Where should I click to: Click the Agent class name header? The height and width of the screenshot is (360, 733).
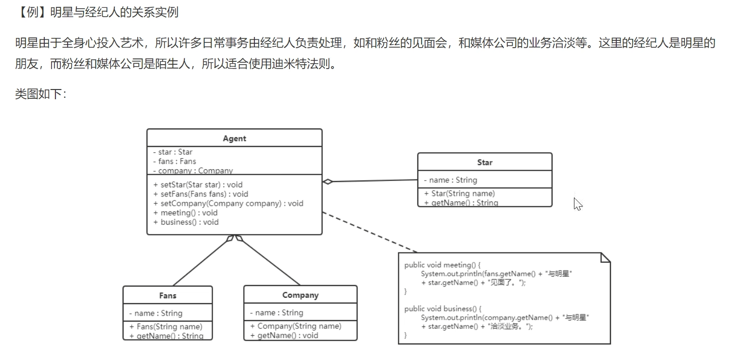234,139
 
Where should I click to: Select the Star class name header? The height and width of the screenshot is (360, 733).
484,162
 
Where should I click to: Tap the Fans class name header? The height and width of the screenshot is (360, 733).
167,295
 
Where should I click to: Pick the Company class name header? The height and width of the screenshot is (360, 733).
300,295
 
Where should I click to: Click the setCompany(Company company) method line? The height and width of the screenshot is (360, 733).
228,203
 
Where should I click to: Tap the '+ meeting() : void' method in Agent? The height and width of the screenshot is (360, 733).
185,213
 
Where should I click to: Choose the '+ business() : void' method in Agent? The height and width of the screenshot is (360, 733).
186,222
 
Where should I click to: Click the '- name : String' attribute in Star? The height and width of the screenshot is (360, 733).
450,180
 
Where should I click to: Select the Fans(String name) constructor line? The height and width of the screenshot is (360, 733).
165,326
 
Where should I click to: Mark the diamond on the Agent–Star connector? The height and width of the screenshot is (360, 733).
328,181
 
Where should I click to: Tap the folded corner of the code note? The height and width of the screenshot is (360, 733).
605,258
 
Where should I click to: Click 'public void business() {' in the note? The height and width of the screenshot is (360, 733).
442,308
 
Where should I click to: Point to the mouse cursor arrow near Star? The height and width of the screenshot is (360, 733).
577,203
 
